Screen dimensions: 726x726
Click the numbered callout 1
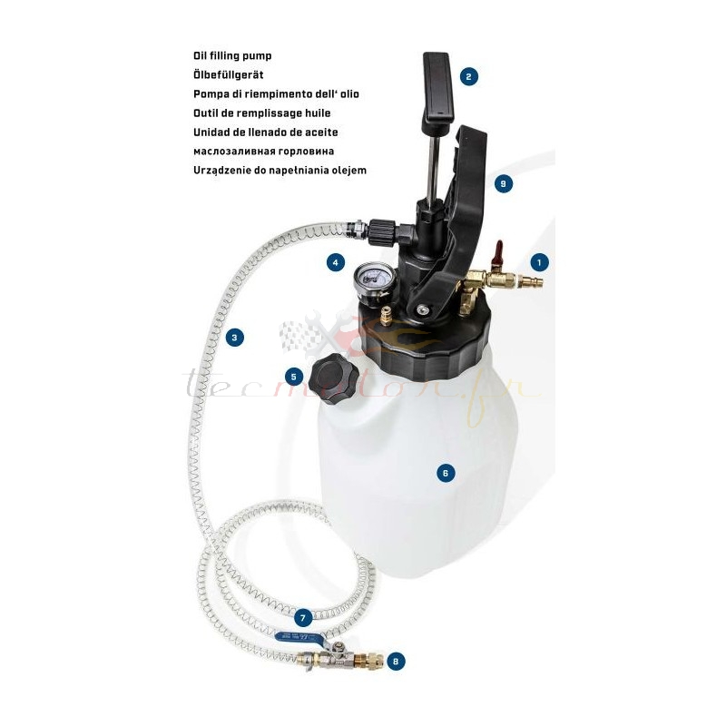(x=539, y=262)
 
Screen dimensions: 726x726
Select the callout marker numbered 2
(x=468, y=76)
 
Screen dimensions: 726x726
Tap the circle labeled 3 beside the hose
(x=235, y=338)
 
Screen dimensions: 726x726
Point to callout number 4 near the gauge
(x=336, y=262)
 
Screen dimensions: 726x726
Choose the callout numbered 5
(x=293, y=376)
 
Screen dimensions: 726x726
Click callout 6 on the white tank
(x=445, y=472)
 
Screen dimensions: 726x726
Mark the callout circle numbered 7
(x=304, y=617)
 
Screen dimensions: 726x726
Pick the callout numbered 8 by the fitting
(x=396, y=661)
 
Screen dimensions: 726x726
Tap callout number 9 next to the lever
(x=503, y=183)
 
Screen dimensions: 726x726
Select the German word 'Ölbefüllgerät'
(x=229, y=74)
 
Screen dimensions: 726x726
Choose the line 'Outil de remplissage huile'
(x=261, y=113)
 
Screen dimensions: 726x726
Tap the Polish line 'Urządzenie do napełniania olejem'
(x=280, y=170)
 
